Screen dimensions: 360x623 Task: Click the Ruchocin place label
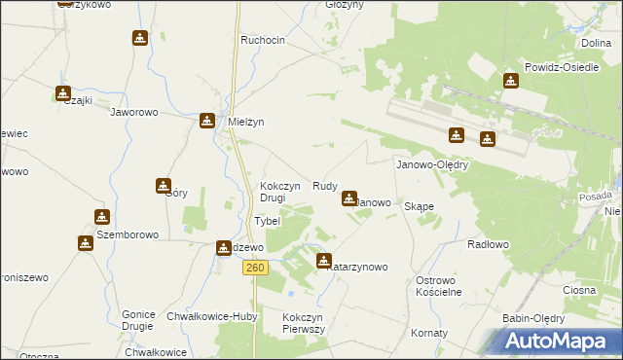pos(263,40)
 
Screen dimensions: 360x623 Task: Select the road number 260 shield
pos(255,268)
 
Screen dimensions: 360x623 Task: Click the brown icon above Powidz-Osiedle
pos(511,81)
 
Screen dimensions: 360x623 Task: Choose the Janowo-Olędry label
pos(432,165)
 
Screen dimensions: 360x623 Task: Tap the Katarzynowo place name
pos(358,267)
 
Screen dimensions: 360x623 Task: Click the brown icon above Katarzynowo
pos(324,260)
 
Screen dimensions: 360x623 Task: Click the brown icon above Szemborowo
pos(102,217)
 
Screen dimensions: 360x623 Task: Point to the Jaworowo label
pos(134,112)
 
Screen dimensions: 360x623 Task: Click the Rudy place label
pos(325,186)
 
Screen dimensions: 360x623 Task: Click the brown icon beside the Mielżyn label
pos(207,121)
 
